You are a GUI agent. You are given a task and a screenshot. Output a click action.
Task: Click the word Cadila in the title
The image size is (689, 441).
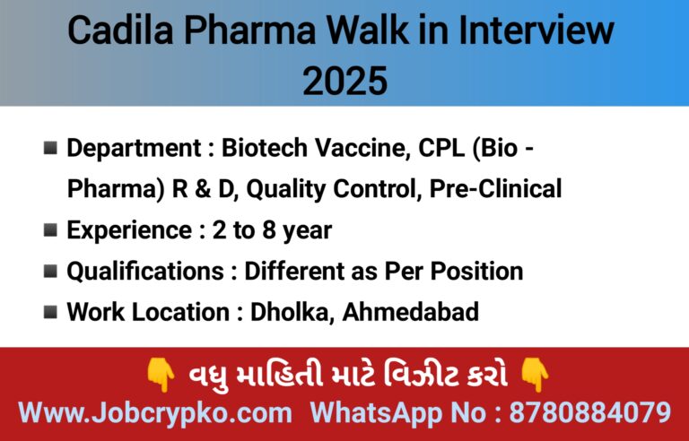tap(121, 30)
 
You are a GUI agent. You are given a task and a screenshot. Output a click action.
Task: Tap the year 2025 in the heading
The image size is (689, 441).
tap(344, 81)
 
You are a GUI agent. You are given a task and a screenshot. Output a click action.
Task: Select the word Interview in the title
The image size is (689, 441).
tap(536, 30)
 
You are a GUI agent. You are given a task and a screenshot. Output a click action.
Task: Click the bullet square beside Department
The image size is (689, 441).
tap(50, 148)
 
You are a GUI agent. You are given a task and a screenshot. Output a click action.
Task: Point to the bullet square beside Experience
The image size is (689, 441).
tap(50, 230)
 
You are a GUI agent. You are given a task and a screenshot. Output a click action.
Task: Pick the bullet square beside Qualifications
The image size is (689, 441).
tap(50, 271)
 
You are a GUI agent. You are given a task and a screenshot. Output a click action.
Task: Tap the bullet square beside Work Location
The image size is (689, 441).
tap(50, 312)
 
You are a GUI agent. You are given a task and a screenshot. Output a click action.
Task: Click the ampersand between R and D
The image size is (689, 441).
tap(202, 189)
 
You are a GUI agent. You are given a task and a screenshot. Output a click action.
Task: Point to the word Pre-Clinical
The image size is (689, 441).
tap(495, 189)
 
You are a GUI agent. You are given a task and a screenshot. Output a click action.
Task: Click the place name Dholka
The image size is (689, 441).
tap(289, 312)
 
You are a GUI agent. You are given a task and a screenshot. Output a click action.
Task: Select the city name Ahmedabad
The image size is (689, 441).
tap(410, 312)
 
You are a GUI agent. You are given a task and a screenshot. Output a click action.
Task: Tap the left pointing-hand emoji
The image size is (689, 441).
tap(161, 375)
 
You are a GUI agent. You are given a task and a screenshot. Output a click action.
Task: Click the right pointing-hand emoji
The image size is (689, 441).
tap(535, 375)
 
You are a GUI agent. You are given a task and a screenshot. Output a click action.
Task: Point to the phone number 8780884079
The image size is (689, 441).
tap(590, 413)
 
